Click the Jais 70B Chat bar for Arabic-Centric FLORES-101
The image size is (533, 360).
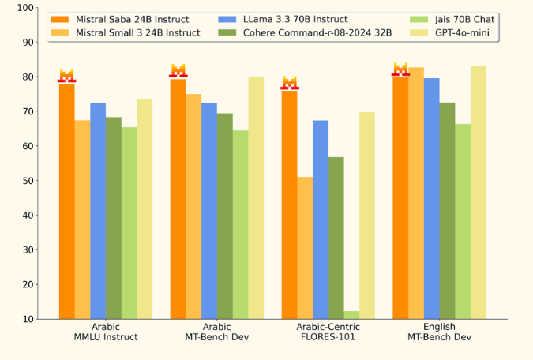(351, 315)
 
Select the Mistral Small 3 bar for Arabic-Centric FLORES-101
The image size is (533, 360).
(305, 248)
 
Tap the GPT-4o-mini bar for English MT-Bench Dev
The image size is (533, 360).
(479, 192)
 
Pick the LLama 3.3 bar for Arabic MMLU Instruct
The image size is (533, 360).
(98, 211)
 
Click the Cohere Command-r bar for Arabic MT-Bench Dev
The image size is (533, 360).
(225, 216)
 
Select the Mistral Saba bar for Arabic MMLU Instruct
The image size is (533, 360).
(67, 201)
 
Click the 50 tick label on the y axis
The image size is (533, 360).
(27, 181)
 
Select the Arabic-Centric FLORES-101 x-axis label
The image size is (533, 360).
(328, 332)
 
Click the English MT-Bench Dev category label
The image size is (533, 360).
(439, 332)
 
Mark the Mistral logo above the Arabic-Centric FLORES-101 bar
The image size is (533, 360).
(290, 83)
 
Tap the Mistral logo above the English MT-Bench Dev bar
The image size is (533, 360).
(401, 69)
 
